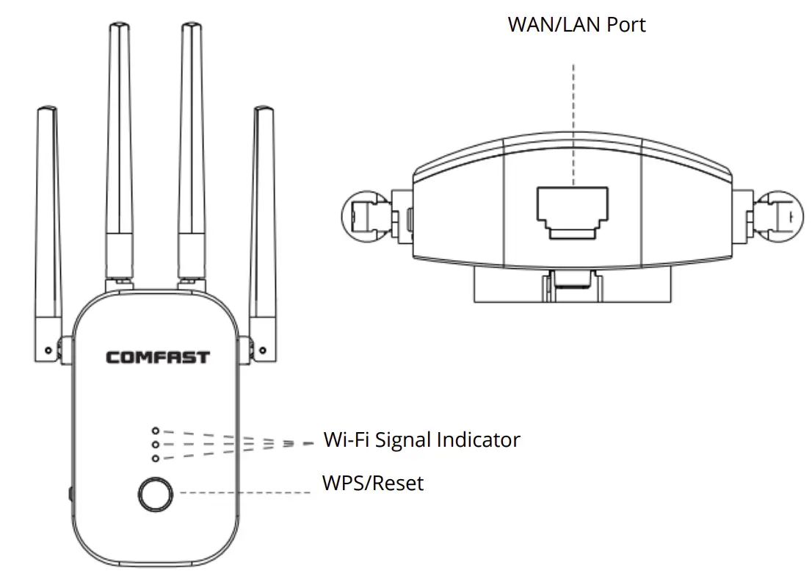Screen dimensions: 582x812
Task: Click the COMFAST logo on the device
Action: click(x=157, y=358)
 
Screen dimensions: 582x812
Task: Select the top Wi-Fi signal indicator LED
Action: click(x=155, y=431)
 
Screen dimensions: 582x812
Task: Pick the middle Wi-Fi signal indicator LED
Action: click(x=155, y=445)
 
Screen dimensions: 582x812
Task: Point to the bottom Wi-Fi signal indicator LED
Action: click(x=155, y=459)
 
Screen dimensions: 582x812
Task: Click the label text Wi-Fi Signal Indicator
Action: click(x=421, y=440)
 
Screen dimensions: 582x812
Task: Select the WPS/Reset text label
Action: click(x=373, y=484)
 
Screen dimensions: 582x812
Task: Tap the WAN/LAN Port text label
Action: click(x=576, y=25)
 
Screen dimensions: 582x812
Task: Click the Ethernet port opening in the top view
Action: click(x=573, y=209)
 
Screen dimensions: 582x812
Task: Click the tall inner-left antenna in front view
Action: click(x=118, y=147)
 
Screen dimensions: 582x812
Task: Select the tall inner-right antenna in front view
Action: click(x=192, y=147)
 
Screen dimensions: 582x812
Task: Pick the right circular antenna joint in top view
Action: click(x=780, y=215)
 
